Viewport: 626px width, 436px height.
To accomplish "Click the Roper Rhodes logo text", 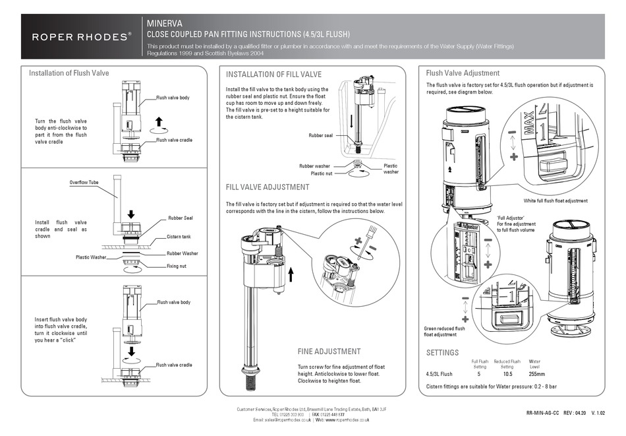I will tap(82, 37).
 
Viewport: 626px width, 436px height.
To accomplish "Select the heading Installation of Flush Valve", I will tap(69, 73).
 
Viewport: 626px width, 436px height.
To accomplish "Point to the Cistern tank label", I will tap(179, 236).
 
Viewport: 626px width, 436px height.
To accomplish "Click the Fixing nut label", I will tap(177, 266).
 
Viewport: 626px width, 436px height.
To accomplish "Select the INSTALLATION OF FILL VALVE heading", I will tap(273, 75).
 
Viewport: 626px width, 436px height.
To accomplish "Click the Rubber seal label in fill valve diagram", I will tap(321, 136).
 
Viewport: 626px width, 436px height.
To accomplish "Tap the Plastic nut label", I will tap(322, 173).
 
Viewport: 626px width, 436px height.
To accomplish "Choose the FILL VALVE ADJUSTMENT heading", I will tap(267, 187).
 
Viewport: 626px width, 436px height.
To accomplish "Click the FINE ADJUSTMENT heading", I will tap(329, 352).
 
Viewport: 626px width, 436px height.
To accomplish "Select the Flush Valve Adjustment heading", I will tap(463, 73).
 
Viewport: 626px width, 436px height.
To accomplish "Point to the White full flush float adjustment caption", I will tap(555, 201).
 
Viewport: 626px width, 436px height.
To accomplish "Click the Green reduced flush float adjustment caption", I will tap(445, 331).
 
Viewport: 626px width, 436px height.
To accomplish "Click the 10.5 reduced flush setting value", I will tap(507, 373).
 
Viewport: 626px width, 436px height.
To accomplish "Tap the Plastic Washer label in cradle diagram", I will tap(90, 257).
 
